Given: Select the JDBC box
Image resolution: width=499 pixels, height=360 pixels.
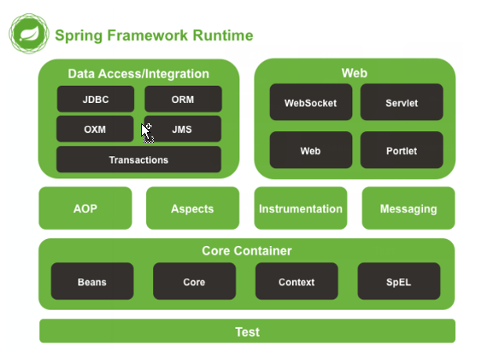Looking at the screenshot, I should tap(94, 99).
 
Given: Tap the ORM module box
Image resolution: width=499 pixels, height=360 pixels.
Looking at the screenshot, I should tap(183, 99).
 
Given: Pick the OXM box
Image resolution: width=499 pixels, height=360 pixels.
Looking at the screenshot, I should tap(94, 129).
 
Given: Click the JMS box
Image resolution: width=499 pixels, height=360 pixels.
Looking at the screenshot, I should tap(183, 129).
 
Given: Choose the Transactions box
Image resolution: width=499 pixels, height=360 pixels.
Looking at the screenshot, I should tap(138, 159).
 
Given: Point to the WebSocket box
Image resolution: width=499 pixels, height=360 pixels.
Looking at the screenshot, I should tap(311, 102).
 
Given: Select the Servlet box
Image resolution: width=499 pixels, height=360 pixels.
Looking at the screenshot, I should tap(401, 102).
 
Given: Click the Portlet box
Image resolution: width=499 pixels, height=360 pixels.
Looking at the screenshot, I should tap(401, 151).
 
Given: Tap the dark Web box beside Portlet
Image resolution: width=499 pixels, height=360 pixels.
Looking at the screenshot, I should tap(311, 151).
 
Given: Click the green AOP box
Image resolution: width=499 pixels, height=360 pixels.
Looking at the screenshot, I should tap(85, 209).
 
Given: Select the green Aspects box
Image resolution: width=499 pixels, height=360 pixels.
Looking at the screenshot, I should tap(192, 209).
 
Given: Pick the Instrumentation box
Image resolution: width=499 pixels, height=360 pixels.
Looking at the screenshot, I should tap(301, 209).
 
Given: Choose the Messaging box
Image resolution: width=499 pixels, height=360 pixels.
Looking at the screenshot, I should tap(408, 209).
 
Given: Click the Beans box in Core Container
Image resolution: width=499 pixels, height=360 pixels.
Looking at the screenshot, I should tap(92, 282).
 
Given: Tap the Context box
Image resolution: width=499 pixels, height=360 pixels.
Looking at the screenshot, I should tap(297, 282).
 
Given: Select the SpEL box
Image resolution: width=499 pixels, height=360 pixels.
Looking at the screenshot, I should tap(399, 282).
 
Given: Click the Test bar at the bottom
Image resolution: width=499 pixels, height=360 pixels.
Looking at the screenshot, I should tap(247, 331).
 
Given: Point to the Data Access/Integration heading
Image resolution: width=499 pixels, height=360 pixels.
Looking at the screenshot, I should tap(138, 74).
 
